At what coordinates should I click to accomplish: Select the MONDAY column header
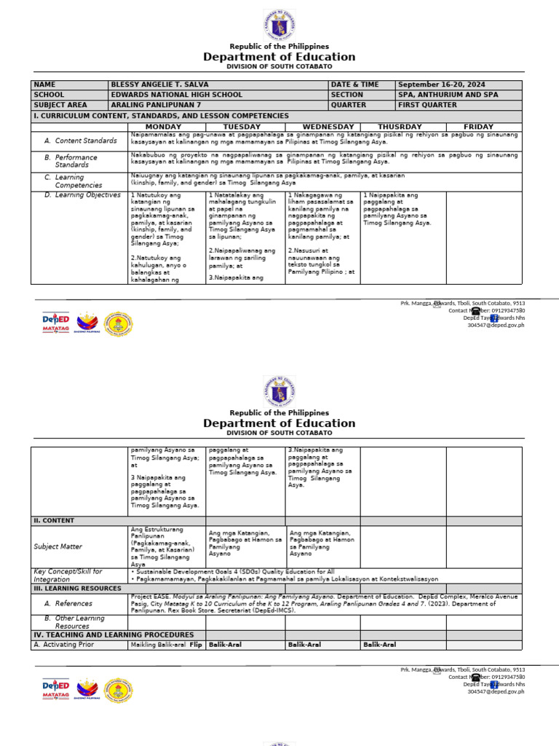[x=164, y=127]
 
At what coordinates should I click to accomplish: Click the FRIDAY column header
[x=478, y=127]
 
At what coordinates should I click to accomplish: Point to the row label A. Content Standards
[x=80, y=141]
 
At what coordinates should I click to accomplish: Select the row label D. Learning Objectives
[x=82, y=195]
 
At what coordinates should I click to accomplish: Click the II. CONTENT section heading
[x=55, y=521]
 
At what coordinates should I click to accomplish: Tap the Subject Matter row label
[x=58, y=546]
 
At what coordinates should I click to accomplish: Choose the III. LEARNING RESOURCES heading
[x=76, y=589]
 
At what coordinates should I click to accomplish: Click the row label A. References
[x=68, y=603]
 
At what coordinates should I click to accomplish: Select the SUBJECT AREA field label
[x=60, y=105]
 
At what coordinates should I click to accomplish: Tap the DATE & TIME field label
[x=355, y=85]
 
